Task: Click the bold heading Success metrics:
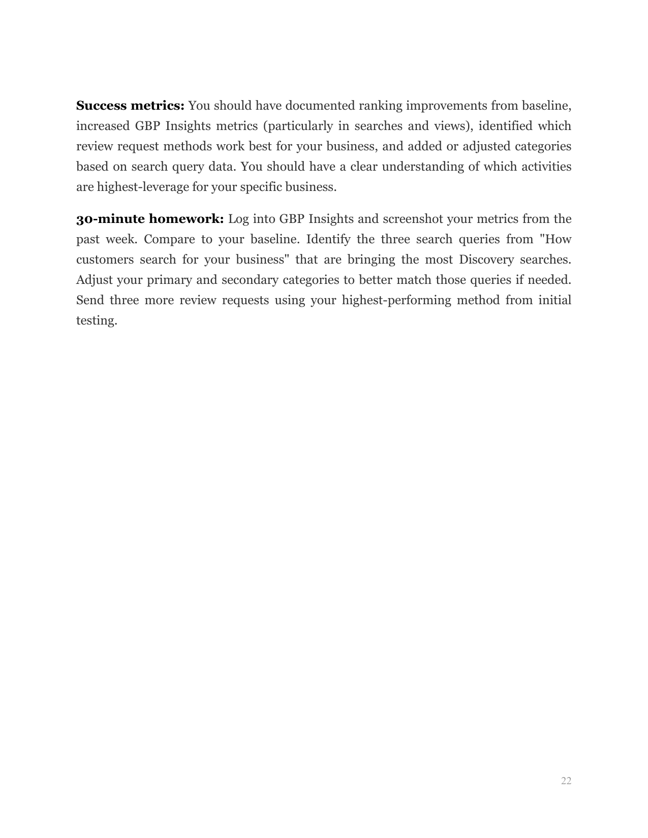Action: [130, 106]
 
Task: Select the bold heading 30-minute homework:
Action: [150, 219]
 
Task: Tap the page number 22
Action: [566, 781]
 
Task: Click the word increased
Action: [103, 126]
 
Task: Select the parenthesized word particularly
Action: [298, 126]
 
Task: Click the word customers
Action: [104, 260]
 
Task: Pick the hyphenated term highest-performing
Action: [396, 300]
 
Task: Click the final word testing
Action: [96, 320]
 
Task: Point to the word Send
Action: [89, 300]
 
